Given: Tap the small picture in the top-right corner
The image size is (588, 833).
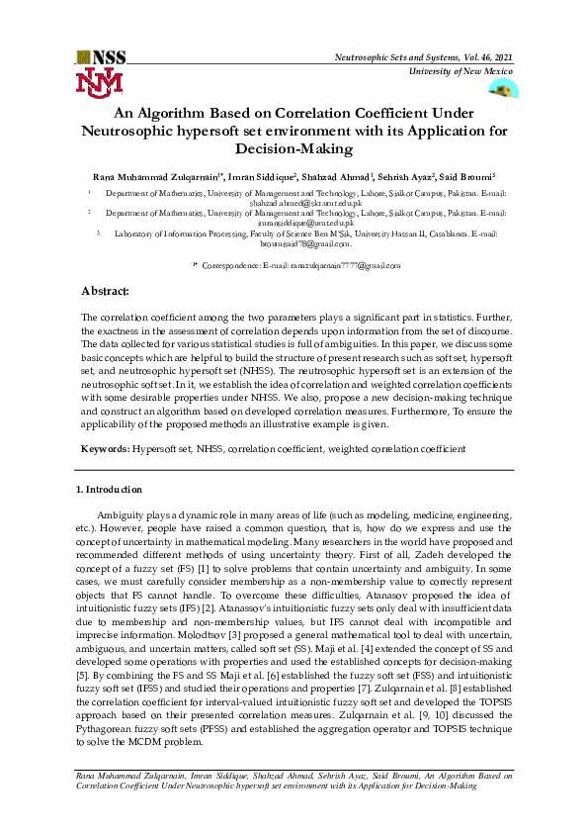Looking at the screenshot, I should click(x=503, y=90).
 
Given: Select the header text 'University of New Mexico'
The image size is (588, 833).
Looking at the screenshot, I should click(x=460, y=73).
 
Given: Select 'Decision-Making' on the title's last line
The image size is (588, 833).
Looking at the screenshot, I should click(x=293, y=148).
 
